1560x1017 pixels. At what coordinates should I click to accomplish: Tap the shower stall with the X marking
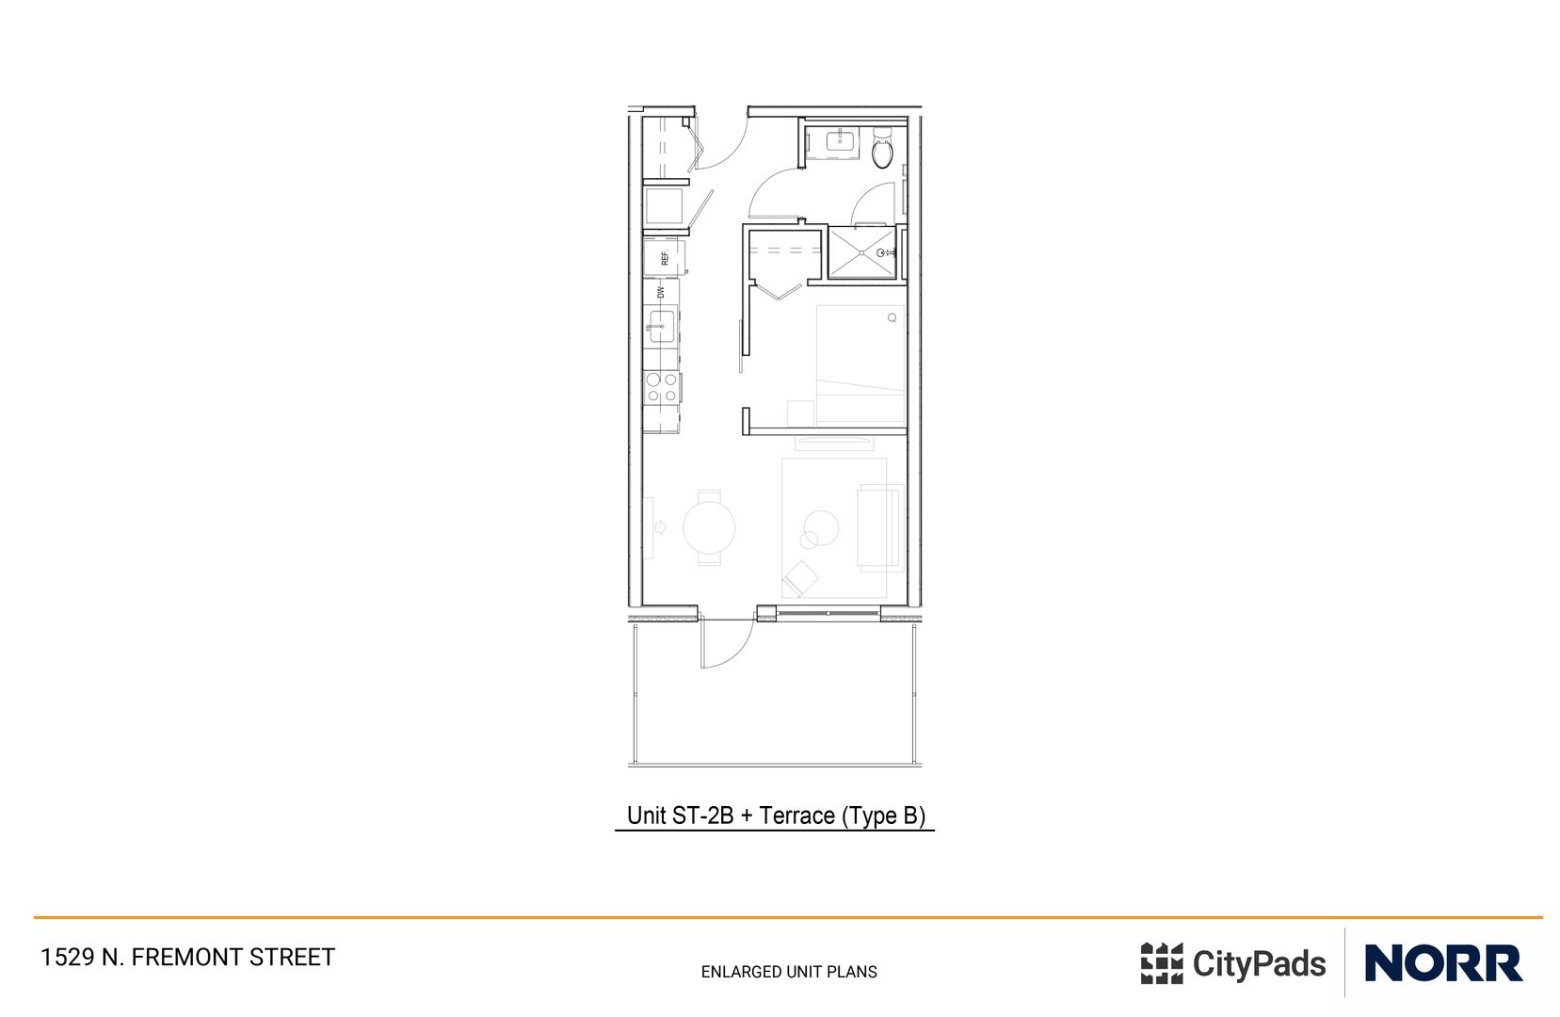tap(860, 253)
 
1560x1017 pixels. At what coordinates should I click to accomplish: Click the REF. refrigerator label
tap(665, 257)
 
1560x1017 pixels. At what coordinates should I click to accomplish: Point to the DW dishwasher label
tap(661, 293)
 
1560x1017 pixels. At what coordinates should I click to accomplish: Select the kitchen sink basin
tap(661, 326)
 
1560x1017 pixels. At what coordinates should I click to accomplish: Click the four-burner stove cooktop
tap(662, 387)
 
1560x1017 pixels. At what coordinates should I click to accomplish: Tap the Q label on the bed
tap(892, 318)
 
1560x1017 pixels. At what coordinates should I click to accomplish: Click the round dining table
tap(709, 527)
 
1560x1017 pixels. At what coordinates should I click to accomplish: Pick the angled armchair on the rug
tap(799, 577)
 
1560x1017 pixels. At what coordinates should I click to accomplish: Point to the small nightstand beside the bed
tap(800, 412)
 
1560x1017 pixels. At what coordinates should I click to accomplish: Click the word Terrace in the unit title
tap(796, 815)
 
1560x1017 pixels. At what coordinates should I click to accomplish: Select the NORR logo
tap(1442, 963)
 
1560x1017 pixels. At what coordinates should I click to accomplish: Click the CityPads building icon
tap(1161, 963)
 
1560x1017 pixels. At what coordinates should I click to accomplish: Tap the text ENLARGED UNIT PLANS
tap(789, 972)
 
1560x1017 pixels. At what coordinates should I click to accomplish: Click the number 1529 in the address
tap(67, 958)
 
